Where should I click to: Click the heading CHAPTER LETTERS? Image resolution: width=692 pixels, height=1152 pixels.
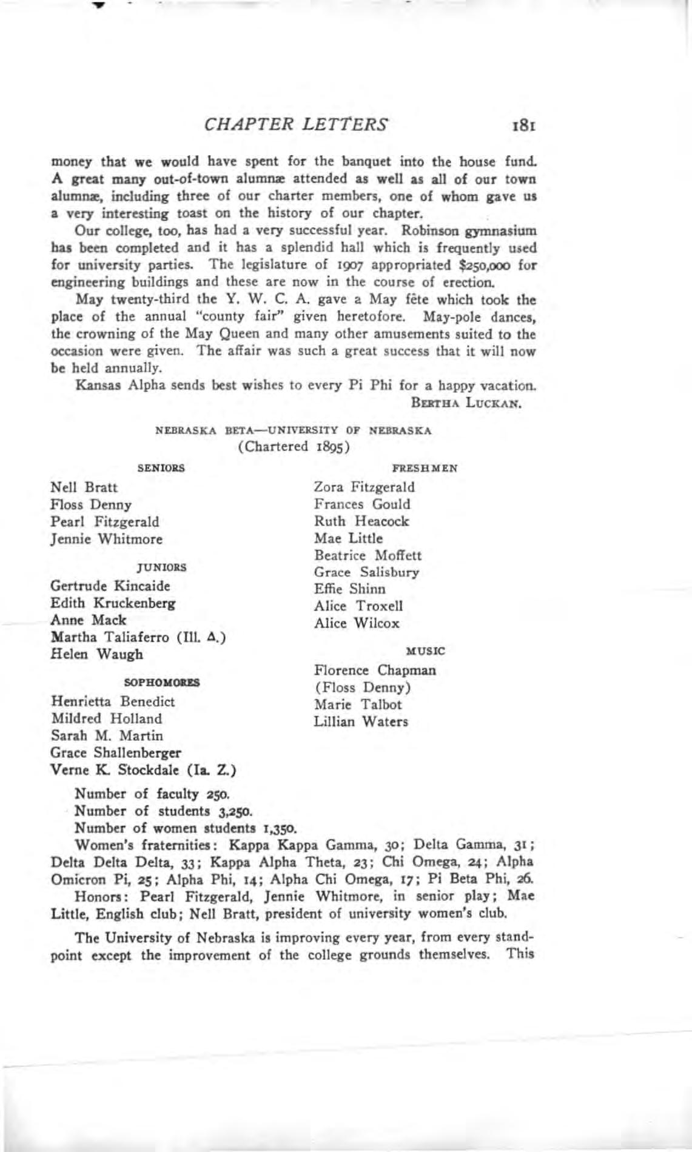[297, 124]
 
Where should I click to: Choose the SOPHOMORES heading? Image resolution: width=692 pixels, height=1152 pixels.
[162, 682]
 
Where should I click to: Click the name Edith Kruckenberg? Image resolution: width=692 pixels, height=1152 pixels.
[113, 603]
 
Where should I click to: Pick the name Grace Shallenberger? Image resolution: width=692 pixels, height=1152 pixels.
[116, 753]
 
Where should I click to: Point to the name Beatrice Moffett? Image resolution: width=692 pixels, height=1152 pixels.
[368, 555]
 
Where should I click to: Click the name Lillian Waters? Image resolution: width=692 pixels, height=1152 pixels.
[361, 722]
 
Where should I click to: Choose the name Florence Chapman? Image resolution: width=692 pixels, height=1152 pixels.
[375, 671]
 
